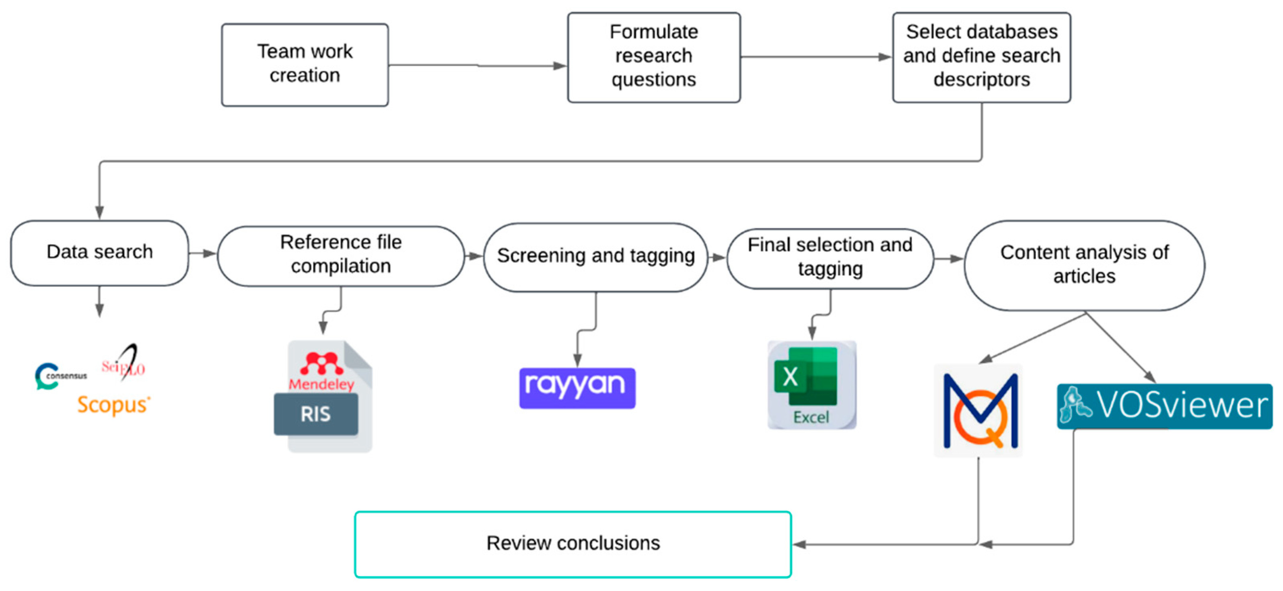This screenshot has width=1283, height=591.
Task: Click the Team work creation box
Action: [x=305, y=64]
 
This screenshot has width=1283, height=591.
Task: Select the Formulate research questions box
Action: [x=653, y=57]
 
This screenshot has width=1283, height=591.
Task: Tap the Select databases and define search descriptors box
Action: [x=981, y=57]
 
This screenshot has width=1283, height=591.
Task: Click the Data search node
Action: [x=100, y=252]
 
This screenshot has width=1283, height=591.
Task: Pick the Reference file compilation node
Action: [x=341, y=255]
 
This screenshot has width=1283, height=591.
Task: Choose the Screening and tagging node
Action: [x=596, y=256]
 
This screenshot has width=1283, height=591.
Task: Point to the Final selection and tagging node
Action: [x=830, y=257]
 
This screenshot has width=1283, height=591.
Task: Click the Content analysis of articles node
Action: [x=1084, y=264]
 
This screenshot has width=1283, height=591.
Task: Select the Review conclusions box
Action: [x=573, y=544]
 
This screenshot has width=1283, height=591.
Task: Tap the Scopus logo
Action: [x=113, y=405]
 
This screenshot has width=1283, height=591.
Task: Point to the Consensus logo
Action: [x=60, y=376]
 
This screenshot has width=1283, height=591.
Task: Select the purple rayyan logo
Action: [x=577, y=388]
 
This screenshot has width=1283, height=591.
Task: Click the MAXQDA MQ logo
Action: [x=979, y=411]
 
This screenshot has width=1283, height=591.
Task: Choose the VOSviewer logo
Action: [x=1164, y=406]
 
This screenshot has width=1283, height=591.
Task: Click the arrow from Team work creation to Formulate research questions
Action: [x=477, y=65]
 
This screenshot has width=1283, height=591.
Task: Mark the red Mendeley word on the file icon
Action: [x=321, y=384]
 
